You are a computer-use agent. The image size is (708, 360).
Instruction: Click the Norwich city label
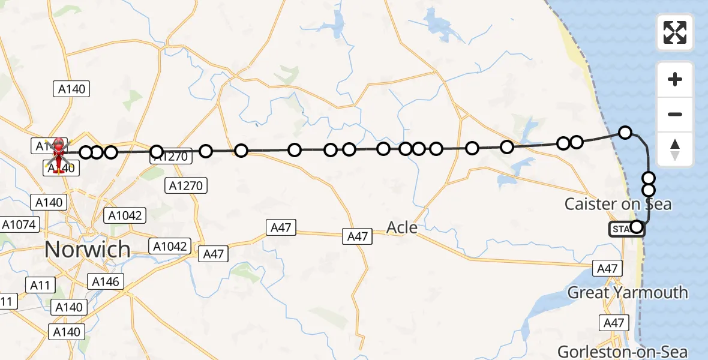[x=88, y=249]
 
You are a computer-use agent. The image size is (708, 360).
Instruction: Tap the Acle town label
[x=402, y=227]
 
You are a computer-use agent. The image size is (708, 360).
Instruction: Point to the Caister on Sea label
[x=618, y=204]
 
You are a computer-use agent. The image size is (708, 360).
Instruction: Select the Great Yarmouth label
[x=628, y=293]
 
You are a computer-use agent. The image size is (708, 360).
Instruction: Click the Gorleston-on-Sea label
[x=622, y=351]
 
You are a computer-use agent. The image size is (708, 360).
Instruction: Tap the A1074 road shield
[x=20, y=225]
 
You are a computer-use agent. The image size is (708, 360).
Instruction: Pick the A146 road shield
[x=106, y=281]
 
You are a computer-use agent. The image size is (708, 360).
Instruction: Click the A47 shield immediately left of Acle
[x=358, y=236]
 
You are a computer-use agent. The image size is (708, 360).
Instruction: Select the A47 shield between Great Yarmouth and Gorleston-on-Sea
[x=614, y=323]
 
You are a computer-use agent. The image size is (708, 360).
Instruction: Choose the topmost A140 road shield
[x=72, y=89]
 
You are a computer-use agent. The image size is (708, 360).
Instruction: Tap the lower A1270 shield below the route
[x=186, y=186]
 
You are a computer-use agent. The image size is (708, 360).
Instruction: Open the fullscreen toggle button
[x=675, y=32]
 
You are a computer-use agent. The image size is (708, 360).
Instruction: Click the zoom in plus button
[x=675, y=79]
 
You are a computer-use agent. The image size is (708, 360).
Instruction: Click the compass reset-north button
[x=675, y=149]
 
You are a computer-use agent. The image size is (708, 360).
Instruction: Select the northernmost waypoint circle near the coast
[x=625, y=133]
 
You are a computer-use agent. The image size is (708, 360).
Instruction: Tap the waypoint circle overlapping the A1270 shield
[x=157, y=152]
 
